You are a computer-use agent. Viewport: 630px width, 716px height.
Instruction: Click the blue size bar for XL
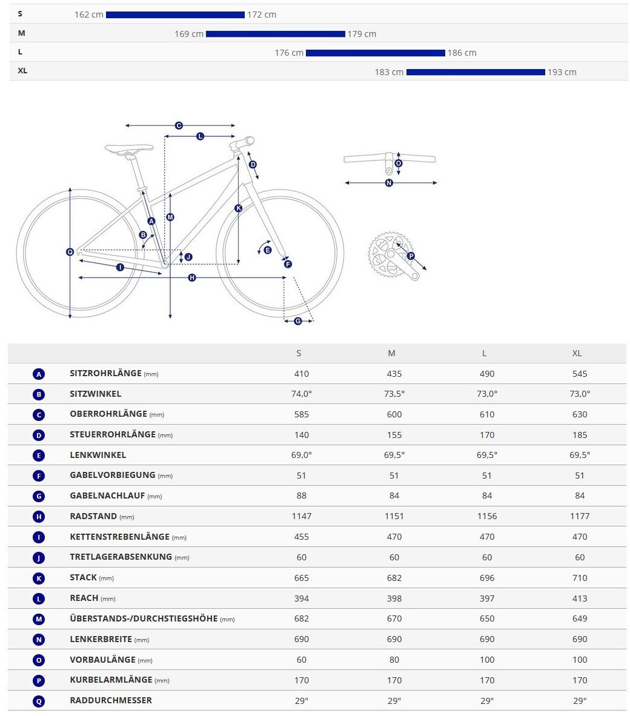point(476,72)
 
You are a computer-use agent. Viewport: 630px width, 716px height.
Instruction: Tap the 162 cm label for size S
point(89,15)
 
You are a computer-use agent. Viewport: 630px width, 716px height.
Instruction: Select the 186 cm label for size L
point(462,53)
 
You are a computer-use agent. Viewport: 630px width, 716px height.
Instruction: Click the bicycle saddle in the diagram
point(129,148)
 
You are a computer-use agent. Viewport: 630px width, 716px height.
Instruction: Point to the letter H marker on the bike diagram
point(192,277)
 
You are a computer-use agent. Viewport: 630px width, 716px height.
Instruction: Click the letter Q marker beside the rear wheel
point(70,251)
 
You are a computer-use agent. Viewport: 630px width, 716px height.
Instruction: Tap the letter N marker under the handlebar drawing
point(389,182)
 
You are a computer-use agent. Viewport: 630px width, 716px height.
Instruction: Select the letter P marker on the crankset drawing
point(411,256)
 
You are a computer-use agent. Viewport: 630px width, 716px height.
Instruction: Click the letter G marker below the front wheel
point(297,321)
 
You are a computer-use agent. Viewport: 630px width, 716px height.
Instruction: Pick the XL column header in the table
point(577,353)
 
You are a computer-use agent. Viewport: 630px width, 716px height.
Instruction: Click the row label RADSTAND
point(94,516)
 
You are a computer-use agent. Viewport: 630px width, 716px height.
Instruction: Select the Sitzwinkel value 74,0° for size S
point(301,394)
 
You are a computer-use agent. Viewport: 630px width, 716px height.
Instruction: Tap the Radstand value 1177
point(579,516)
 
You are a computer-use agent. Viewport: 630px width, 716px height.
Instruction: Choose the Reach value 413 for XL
point(579,598)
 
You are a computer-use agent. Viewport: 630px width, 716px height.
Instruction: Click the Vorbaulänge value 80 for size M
point(394,660)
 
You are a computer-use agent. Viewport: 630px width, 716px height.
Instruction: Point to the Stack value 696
point(486,578)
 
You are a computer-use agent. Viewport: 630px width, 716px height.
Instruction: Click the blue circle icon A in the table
point(39,374)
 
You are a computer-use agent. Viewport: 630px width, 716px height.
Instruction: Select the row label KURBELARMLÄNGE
point(111,680)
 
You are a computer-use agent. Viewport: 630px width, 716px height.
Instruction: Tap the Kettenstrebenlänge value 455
point(301,537)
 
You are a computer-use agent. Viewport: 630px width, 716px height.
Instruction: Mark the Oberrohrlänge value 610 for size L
point(486,414)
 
